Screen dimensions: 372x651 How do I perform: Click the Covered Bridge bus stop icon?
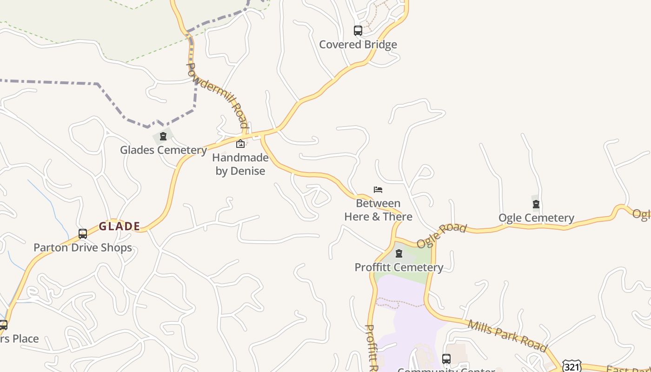pos(358,31)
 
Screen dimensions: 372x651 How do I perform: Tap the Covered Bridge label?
pos(358,45)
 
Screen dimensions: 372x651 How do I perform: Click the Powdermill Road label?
pos(218,95)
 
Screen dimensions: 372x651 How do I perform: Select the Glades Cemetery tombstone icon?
pos(163,136)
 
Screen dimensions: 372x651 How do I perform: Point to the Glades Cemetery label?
pos(163,150)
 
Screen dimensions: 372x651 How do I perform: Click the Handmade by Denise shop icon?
pos(240,144)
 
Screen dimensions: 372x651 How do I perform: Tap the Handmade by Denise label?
pos(240,164)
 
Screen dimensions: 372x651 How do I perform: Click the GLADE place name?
pos(119,226)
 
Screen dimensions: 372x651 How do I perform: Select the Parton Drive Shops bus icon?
pos(83,233)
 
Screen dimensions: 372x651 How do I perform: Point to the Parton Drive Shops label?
pos(83,247)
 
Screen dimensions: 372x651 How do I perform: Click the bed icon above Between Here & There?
pos(378,189)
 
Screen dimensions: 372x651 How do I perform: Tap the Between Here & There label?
pos(378,210)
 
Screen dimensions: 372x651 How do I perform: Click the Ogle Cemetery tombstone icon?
pos(536,204)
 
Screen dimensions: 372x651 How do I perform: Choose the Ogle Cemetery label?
pos(536,218)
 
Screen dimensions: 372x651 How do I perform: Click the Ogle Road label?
pos(441,235)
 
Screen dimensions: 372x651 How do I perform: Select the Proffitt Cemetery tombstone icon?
pos(399,253)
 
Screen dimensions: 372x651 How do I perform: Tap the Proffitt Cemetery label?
pos(399,267)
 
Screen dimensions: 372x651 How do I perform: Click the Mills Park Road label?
pos(507,335)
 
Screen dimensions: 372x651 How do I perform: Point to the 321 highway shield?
pos(571,366)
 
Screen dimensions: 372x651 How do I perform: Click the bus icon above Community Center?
pos(446,359)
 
